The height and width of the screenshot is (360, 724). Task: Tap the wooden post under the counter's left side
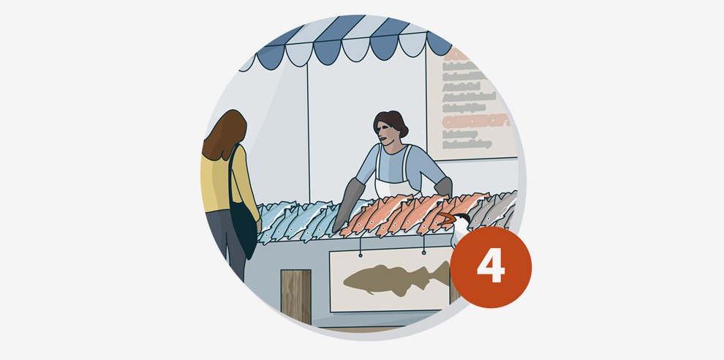(295, 296)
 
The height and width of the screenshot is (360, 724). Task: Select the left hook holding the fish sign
(360, 253)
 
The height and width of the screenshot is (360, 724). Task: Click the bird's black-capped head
(458, 219)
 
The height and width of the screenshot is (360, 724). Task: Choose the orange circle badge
(491, 266)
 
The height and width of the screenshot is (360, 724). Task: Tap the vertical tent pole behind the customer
(307, 132)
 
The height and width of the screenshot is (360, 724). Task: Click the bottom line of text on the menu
(467, 144)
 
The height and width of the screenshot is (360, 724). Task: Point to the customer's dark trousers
(219, 241)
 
